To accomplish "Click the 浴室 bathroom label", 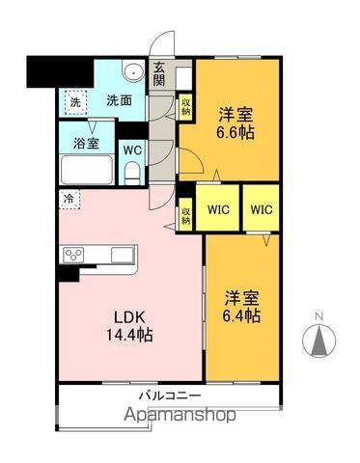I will [87, 144].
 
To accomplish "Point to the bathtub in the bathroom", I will [89, 174].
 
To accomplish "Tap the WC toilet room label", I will [132, 150].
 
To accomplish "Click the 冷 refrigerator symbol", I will [69, 200].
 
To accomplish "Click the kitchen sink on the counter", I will [123, 254].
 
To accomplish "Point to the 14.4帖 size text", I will [129, 335].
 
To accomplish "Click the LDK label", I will [129, 315].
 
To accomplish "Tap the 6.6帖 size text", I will [235, 133].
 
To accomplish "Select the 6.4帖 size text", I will [241, 314].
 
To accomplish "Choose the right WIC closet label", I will [262, 209].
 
